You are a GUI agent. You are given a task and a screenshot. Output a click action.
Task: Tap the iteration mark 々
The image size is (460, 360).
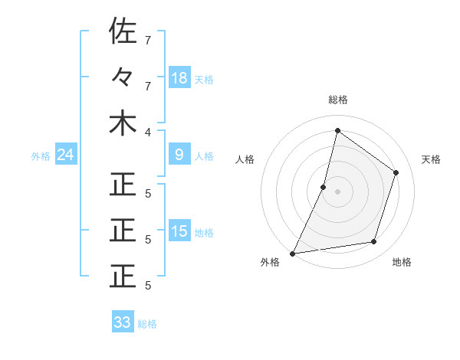[123, 77]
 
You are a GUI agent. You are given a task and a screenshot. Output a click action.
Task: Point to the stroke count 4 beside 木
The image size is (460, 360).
[148, 132]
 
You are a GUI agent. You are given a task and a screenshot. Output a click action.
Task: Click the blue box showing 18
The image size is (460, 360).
[179, 77]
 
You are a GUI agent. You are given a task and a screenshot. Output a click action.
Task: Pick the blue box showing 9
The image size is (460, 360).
[179, 155]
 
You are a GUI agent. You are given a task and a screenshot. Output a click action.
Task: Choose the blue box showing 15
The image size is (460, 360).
[179, 231]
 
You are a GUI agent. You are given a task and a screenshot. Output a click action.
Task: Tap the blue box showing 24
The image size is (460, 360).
[65, 155]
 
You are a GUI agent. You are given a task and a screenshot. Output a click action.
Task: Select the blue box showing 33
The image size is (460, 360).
[123, 322]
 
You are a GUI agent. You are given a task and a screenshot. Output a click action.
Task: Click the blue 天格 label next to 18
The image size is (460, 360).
[203, 79]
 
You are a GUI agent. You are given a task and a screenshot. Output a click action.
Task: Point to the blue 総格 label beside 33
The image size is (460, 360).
[147, 323]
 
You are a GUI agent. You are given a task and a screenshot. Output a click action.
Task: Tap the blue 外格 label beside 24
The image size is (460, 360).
[41, 156]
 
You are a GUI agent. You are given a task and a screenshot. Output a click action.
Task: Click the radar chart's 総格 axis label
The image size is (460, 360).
[337, 100]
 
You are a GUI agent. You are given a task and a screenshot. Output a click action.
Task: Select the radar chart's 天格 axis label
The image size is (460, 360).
[432, 159]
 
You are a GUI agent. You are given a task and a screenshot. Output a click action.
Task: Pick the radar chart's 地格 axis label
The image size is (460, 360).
[402, 262]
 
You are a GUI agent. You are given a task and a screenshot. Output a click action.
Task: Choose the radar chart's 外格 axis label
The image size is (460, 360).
[270, 262]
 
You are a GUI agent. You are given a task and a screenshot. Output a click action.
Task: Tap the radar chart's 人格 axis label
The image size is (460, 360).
[245, 159]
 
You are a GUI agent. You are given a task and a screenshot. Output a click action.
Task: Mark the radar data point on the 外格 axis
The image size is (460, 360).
[292, 253]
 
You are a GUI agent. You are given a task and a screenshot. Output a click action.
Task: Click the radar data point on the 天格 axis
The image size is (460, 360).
[396, 172]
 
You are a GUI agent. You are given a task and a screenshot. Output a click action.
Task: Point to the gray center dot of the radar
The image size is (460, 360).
[337, 191]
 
